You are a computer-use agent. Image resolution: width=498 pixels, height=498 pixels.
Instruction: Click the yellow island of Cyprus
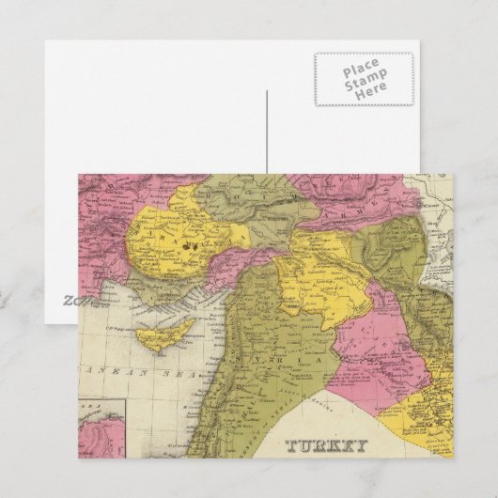(162, 328)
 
